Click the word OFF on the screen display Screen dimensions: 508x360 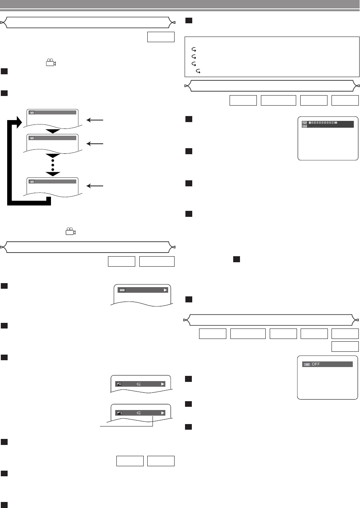click(316, 364)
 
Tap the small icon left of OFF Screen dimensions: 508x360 click(307, 364)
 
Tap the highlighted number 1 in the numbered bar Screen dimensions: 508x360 click(310, 122)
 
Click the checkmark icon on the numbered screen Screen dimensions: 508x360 click(305, 122)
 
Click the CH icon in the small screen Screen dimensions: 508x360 click(121, 290)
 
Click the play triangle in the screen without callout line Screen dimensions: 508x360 click(163, 384)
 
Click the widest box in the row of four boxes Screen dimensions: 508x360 click(278, 100)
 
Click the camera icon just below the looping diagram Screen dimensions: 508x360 click(70, 231)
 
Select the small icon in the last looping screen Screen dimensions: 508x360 click(32, 182)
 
